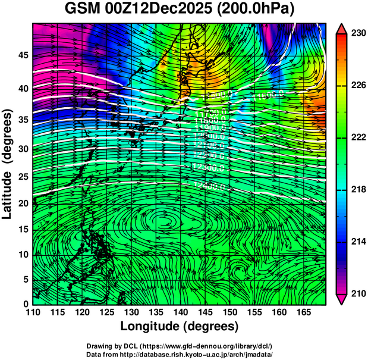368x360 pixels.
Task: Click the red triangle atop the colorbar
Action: point(341,29)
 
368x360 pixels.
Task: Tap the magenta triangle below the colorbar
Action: point(341,299)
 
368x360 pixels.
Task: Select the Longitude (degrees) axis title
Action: point(180,326)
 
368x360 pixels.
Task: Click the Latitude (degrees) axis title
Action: point(8,164)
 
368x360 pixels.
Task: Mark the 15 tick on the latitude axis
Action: point(23,230)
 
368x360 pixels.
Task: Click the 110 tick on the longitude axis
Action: point(33,312)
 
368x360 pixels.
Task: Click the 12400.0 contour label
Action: point(209,186)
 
